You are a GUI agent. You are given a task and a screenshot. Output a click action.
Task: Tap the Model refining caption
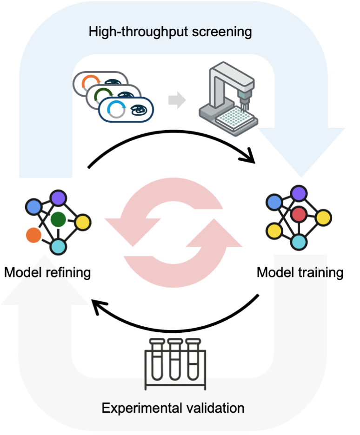(47, 272)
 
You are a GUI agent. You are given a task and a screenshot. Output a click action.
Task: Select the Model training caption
(300, 272)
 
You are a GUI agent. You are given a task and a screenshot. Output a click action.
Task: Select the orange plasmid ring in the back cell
(89, 83)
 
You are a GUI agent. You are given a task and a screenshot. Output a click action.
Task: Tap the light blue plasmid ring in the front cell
(114, 110)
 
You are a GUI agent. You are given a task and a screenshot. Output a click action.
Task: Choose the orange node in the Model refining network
(33, 235)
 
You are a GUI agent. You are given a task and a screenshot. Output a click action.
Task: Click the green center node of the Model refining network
(58, 218)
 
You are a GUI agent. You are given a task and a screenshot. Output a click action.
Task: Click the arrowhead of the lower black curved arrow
(98, 307)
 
